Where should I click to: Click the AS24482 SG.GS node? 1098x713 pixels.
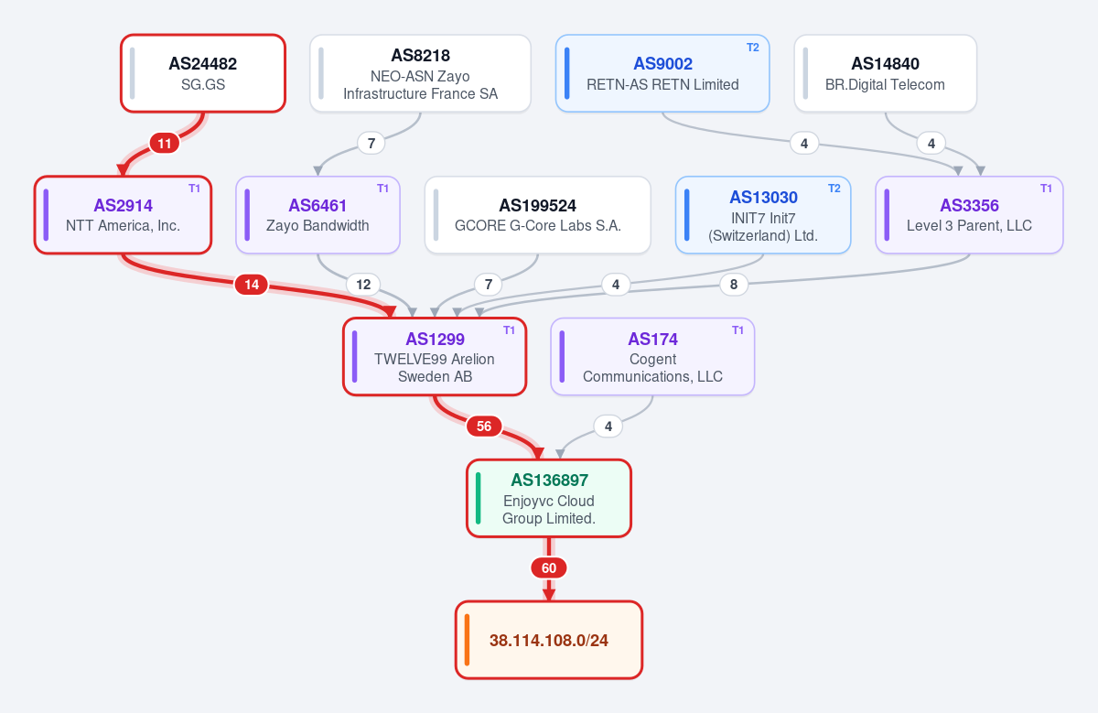click(x=203, y=73)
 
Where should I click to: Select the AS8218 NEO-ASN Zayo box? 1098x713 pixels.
click(x=420, y=73)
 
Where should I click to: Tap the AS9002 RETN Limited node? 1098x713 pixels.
click(x=662, y=73)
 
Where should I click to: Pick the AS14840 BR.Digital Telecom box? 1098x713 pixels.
click(x=886, y=73)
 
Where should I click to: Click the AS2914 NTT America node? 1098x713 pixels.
click(x=123, y=215)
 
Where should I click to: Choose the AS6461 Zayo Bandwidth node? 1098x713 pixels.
click(x=318, y=215)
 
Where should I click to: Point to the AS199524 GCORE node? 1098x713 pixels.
click(x=538, y=215)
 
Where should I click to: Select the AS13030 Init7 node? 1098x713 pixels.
click(x=763, y=215)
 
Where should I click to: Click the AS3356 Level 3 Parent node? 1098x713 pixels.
click(x=969, y=215)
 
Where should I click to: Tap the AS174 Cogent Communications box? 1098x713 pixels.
click(x=652, y=357)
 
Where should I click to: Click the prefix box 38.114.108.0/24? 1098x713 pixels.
click(x=549, y=640)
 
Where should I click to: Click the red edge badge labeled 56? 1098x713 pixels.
click(x=484, y=427)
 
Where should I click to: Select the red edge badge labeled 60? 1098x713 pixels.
click(x=549, y=567)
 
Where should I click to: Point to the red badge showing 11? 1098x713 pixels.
click(x=164, y=143)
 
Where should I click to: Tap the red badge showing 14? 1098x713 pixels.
click(x=252, y=285)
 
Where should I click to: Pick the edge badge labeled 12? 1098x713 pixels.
click(x=363, y=285)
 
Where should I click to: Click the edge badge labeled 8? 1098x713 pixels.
click(x=734, y=285)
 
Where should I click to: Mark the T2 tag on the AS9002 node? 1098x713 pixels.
click(x=753, y=48)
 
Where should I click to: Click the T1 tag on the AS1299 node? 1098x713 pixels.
click(x=510, y=330)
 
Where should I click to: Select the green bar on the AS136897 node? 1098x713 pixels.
click(x=479, y=498)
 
